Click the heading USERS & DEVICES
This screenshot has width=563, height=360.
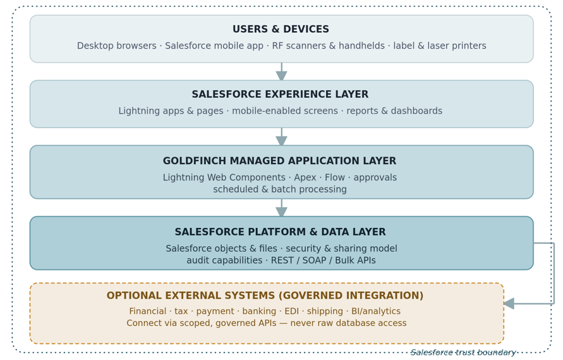[x=281, y=29]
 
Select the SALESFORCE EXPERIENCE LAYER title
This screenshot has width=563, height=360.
[x=280, y=94]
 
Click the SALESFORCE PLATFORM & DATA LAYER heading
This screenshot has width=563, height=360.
[x=280, y=232]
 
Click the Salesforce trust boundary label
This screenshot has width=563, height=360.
[x=463, y=352]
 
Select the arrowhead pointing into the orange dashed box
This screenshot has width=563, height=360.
[x=509, y=304]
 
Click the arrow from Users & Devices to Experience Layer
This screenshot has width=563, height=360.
[x=282, y=71]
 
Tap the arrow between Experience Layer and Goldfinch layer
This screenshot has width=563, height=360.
[x=282, y=136]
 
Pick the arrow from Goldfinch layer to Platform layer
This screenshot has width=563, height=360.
[x=282, y=207]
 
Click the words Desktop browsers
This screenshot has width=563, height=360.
[x=117, y=46]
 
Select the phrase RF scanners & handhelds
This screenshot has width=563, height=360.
[x=328, y=46]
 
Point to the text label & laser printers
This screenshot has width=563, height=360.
[x=440, y=46]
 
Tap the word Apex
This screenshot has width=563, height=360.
[x=305, y=177]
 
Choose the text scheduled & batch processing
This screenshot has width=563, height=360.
[x=280, y=189]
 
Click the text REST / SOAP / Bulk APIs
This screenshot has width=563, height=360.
[x=323, y=260]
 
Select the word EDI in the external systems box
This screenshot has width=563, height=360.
[x=291, y=311]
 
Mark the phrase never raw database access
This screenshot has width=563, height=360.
[x=348, y=323]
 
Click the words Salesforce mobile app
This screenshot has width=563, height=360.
[x=214, y=46]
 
